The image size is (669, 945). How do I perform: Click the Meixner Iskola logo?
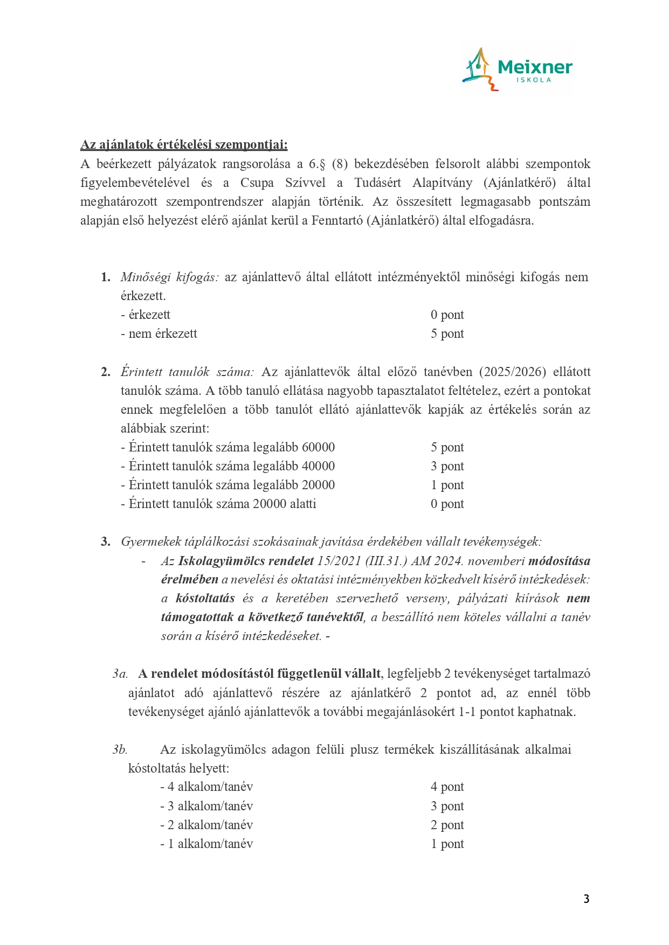[517, 69]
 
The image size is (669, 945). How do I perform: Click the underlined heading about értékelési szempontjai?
[184, 144]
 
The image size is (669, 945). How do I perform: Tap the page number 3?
[586, 899]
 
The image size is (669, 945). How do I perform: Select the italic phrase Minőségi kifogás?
[169, 277]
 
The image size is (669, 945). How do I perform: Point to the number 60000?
[318, 447]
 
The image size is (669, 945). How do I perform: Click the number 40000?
[318, 466]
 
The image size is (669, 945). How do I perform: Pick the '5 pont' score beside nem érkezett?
[447, 333]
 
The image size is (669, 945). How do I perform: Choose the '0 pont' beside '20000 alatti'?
[447, 504]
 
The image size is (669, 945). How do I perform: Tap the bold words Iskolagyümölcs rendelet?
[246, 561]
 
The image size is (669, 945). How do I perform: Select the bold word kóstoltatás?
[205, 598]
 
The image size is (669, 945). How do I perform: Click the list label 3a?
[120, 673]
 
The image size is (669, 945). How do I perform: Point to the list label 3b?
[120, 749]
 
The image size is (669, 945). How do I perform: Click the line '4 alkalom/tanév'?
[206, 787]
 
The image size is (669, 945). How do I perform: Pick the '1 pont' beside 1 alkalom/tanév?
[447, 844]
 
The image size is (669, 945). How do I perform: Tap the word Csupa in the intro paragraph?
[257, 183]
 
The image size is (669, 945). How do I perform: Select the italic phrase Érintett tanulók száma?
[187, 372]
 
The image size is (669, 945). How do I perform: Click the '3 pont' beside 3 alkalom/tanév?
[447, 806]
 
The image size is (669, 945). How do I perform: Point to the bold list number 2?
[105, 372]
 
